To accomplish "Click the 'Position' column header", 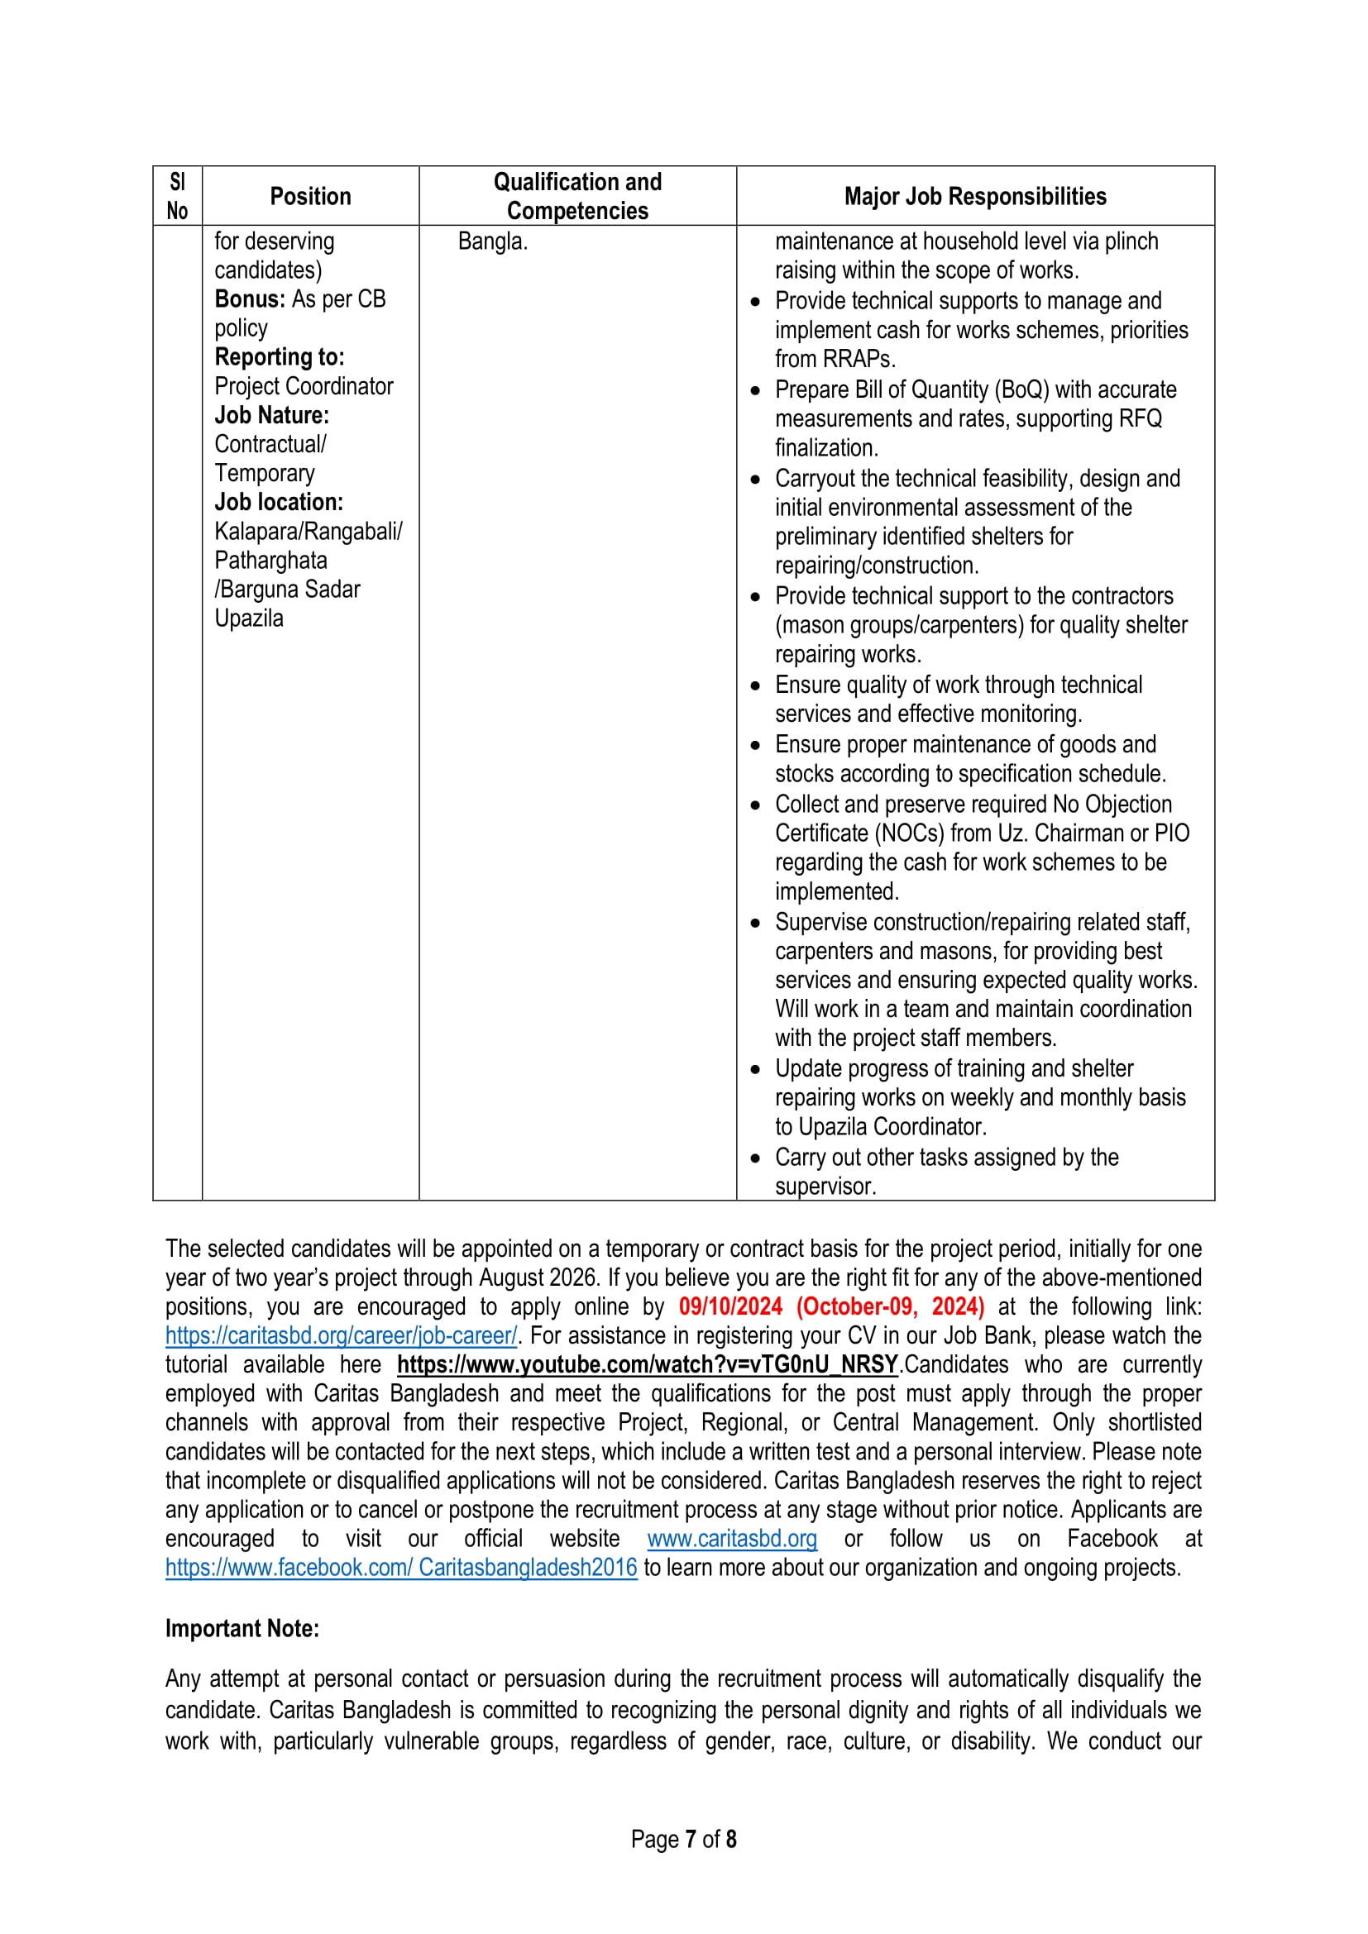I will point(310,196).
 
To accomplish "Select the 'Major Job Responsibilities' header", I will point(974,196).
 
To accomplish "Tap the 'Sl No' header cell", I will point(177,196).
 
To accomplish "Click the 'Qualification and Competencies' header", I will point(577,196).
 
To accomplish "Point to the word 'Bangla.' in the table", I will point(493,241).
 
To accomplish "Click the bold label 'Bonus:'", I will point(250,299).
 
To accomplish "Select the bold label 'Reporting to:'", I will point(280,357).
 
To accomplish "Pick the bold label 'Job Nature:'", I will point(272,415).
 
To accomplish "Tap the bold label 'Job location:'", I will point(279,502).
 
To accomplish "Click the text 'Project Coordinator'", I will point(304,386).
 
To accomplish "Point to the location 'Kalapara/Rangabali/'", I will point(309,532).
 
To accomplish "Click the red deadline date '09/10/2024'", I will point(730,1306).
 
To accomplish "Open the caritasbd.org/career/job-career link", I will point(341,1335).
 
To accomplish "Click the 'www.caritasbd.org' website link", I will point(732,1539).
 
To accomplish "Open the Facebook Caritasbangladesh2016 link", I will point(401,1568).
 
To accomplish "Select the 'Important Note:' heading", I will point(242,1628).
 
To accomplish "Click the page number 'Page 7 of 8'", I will point(683,1839).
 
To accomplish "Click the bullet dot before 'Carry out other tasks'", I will point(755,1158).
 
